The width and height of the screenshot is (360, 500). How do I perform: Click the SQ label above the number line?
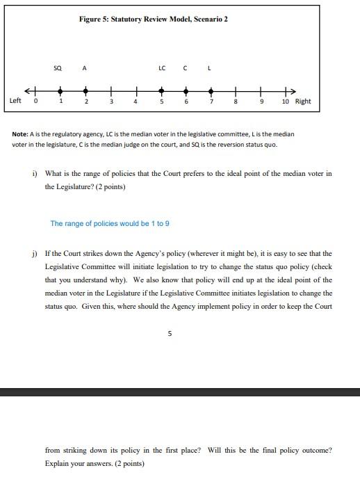pyautogui.click(x=58, y=68)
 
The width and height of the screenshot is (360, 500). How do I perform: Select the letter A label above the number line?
pyautogui.click(x=84, y=68)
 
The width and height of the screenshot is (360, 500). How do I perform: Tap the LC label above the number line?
pyautogui.click(x=162, y=68)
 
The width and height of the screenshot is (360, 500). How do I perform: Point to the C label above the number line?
pyautogui.click(x=186, y=68)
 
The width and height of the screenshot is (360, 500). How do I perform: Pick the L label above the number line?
pyautogui.click(x=209, y=68)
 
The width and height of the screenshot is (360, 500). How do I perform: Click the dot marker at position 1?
pyautogui.click(x=61, y=90)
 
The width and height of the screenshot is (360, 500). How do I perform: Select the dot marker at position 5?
pyautogui.click(x=161, y=90)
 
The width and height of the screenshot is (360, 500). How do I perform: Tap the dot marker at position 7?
pyautogui.click(x=211, y=90)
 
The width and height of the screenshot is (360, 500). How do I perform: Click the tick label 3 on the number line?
pyautogui.click(x=111, y=102)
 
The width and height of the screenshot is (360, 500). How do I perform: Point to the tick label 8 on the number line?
pyautogui.click(x=236, y=102)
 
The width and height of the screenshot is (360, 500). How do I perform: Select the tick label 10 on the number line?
pyautogui.click(x=286, y=102)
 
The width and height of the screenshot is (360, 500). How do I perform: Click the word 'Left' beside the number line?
pyautogui.click(x=15, y=101)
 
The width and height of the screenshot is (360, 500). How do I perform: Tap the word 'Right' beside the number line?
pyautogui.click(x=303, y=102)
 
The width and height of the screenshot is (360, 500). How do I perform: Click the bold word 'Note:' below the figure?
pyautogui.click(x=21, y=134)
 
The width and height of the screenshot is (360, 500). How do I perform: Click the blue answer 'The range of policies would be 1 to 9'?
pyautogui.click(x=110, y=224)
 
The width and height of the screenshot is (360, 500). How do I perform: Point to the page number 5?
pyautogui.click(x=170, y=333)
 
